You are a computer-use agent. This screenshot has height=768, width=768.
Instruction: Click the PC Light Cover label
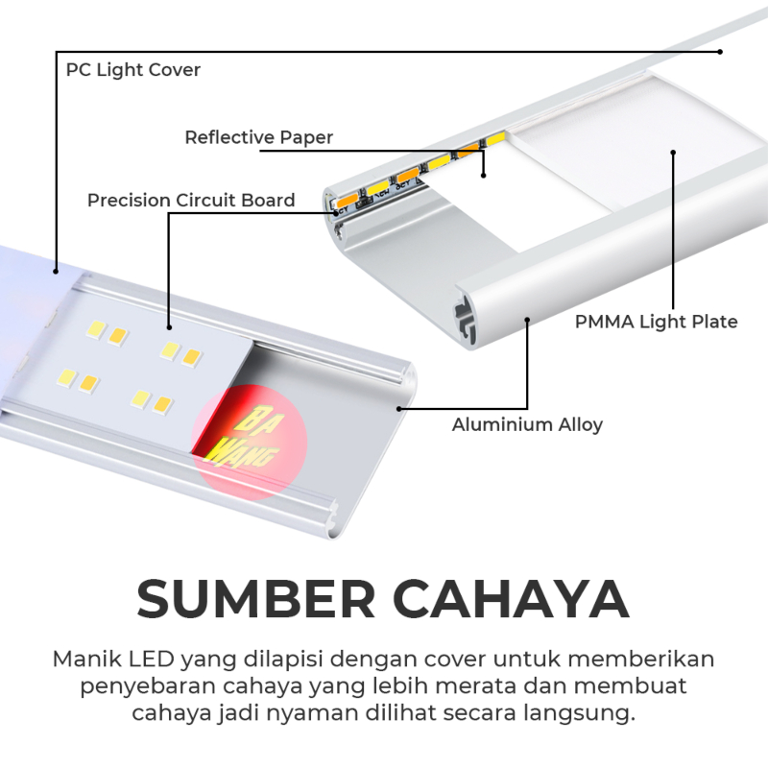click(x=133, y=70)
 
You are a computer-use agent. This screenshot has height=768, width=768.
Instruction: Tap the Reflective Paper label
click(x=258, y=137)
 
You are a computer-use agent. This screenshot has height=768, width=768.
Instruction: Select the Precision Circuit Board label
click(x=191, y=201)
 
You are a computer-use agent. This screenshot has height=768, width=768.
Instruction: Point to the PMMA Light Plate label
click(x=656, y=322)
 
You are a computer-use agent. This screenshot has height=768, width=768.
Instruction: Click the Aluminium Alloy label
click(x=527, y=424)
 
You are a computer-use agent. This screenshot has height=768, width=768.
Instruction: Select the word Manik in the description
click(x=81, y=661)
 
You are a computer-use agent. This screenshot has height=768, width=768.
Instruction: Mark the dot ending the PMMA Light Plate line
click(x=674, y=152)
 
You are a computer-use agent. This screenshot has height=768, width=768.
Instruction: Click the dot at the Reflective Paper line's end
click(x=484, y=175)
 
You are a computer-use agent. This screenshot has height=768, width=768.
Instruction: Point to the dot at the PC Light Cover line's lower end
click(x=56, y=269)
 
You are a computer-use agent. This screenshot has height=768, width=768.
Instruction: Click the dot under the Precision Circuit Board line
click(x=169, y=326)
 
